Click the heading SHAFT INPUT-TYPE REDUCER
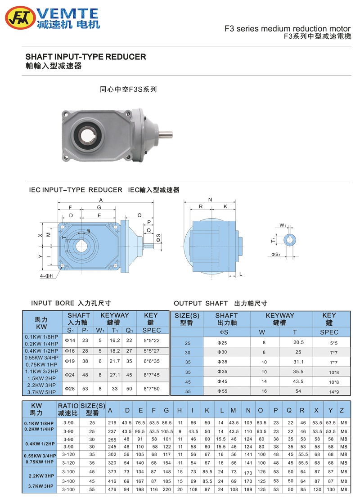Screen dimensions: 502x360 [85, 57]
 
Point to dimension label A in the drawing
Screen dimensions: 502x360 [101, 200]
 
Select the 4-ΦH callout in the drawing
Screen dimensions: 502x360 [46, 275]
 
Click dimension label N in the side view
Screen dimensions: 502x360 [210, 199]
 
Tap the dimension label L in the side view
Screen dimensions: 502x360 [241, 274]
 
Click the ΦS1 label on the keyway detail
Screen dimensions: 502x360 [276, 255]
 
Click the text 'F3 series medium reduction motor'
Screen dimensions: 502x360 [288, 28]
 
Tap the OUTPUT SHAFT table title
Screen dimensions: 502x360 [220, 304]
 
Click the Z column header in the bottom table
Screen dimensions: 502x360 [342, 410]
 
